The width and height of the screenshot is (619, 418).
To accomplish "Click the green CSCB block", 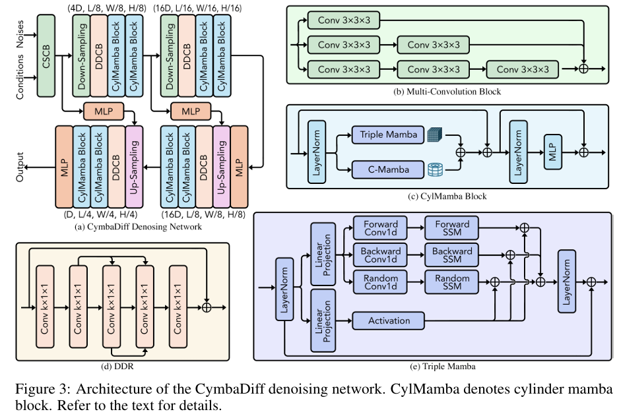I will tap(47, 57).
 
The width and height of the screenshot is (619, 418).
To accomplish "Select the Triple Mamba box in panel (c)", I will tap(388, 135).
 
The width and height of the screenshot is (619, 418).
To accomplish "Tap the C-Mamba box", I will tap(388, 169).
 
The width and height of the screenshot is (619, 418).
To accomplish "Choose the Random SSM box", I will tap(452, 282).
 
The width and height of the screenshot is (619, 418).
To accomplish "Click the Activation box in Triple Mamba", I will tap(388, 321).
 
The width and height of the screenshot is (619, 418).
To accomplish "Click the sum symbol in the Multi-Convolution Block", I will tap(583, 69).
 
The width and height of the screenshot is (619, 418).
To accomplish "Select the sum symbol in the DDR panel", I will tap(207, 307).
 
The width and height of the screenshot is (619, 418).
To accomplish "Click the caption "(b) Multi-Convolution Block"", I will tap(447, 92).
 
